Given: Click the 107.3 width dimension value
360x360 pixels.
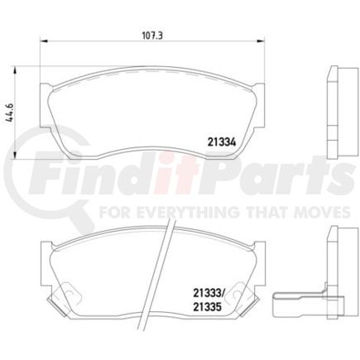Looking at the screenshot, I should pos(151,36).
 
